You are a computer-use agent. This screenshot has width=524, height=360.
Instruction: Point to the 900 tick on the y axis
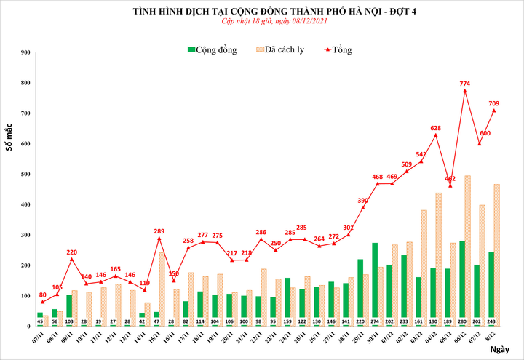pos(25,52)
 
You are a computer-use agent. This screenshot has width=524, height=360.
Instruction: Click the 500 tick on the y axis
pos(25,175)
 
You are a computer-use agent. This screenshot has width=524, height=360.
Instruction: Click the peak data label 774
pos(464,84)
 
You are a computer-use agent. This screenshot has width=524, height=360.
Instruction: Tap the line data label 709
pos(494,103)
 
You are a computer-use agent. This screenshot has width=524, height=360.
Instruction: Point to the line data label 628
pos(436,128)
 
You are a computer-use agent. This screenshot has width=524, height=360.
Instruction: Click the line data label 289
pos(159,231)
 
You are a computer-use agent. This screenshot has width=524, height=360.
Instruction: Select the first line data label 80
pos(43,295)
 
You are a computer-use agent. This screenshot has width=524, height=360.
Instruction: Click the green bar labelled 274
pos(375,280)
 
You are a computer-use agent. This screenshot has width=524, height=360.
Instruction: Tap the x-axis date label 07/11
pos(38,338)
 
